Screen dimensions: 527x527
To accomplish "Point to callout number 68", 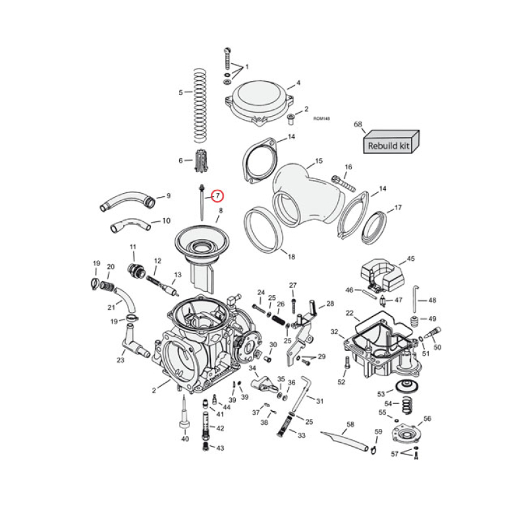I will click(358, 124).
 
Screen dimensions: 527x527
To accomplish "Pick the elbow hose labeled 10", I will click(129, 226).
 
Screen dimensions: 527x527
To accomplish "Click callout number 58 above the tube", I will click(350, 424).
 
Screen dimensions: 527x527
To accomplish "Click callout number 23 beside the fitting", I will click(121, 360).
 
